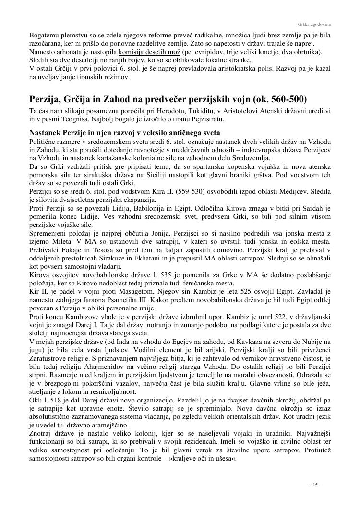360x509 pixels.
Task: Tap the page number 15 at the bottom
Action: pyautogui.click(x=315, y=485)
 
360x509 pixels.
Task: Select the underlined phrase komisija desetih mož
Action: pyautogui.click(x=150, y=52)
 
